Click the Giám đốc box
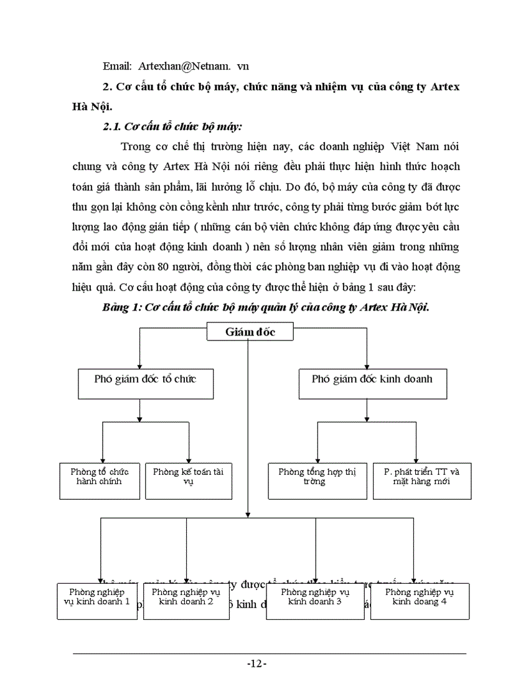[250, 332]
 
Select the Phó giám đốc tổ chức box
[145, 383]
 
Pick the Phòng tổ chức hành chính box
[100, 480]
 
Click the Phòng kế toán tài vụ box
[179, 480]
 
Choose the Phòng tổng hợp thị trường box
[317, 480]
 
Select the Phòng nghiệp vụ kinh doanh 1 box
[97, 601]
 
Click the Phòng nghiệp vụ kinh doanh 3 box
[315, 601]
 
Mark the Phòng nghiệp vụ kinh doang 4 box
[420, 601]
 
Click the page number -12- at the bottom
[256, 664]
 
